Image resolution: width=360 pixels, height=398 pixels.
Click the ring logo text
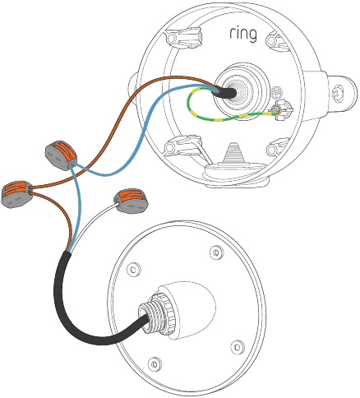(243, 34)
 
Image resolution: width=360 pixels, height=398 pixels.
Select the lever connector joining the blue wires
(61, 155)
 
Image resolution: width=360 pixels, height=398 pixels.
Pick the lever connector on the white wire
(132, 201)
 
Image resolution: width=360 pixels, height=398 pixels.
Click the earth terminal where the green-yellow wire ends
(280, 110)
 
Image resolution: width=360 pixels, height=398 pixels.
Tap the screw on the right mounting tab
(339, 93)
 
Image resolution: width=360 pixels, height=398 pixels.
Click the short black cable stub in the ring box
(224, 92)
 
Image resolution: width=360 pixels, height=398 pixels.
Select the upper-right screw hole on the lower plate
(216, 252)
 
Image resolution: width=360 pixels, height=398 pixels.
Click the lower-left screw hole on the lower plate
(155, 364)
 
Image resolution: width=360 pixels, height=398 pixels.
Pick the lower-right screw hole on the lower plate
(237, 347)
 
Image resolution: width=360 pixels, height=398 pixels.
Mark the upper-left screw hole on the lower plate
(134, 270)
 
